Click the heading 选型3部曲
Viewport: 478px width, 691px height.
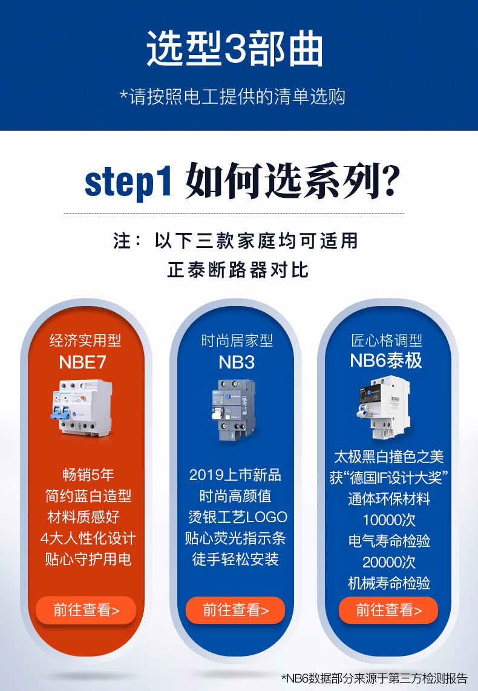[235, 49]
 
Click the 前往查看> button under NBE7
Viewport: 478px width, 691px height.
[86, 610]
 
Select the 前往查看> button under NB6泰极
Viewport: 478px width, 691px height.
[388, 610]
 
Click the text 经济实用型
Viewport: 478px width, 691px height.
[85, 341]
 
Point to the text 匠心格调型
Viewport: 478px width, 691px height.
[387, 340]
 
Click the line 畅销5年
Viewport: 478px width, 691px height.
[88, 475]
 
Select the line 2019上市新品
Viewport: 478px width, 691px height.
[235, 475]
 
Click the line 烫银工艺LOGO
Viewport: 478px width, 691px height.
[237, 517]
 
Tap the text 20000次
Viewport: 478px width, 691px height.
[389, 562]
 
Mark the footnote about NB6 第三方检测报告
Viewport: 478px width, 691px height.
[375, 678]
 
